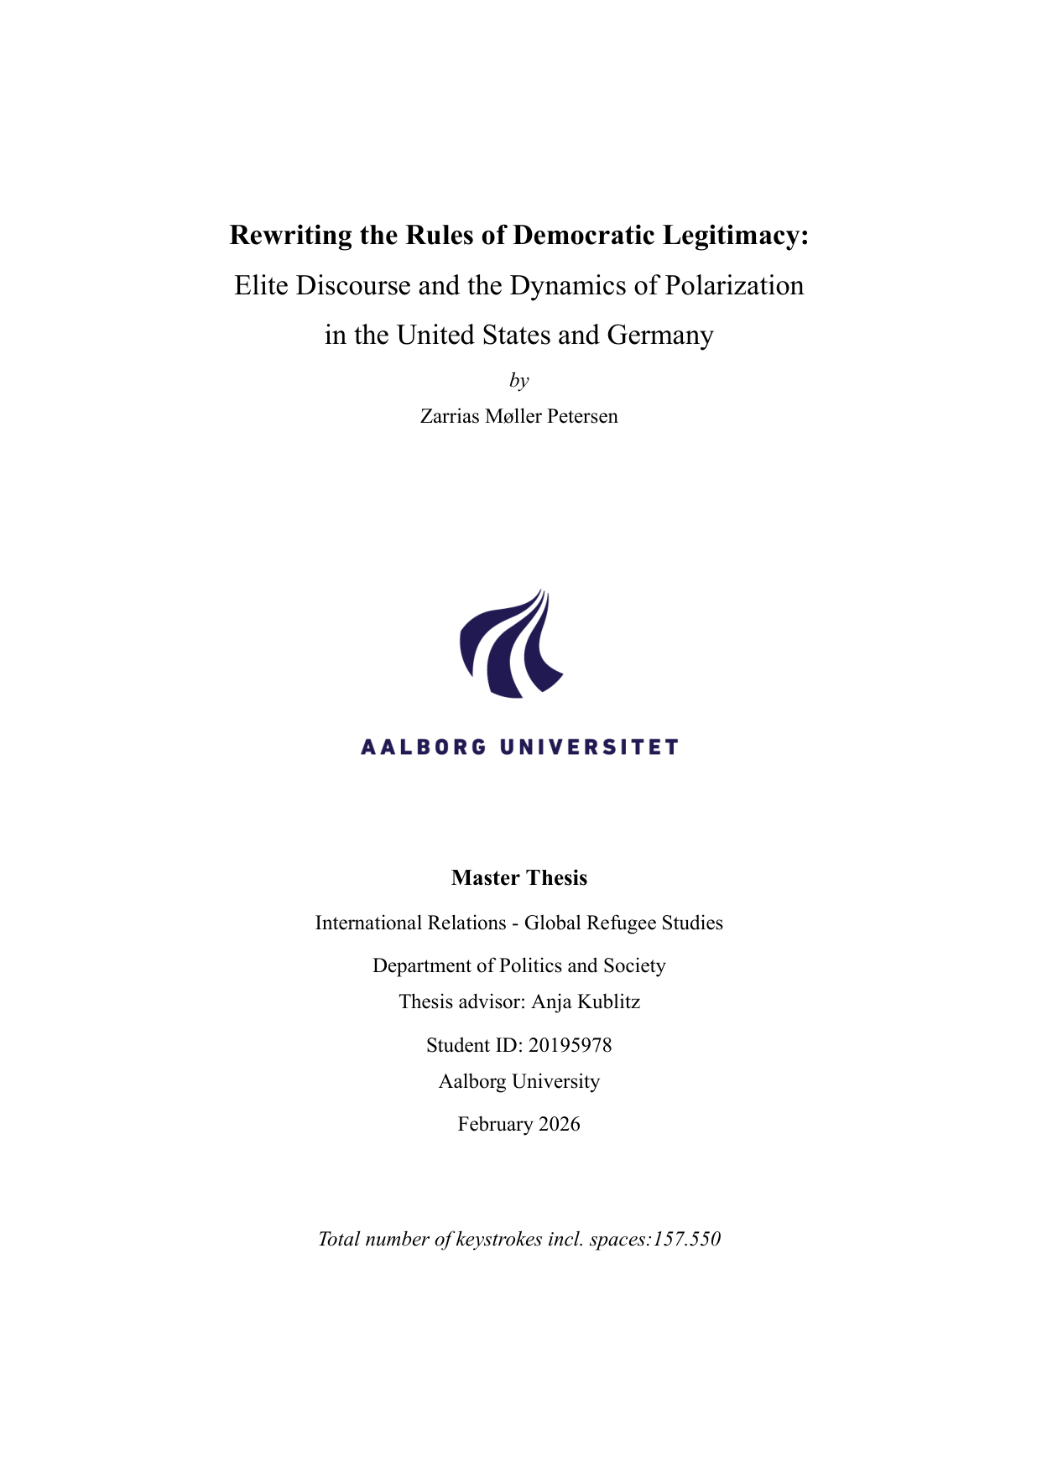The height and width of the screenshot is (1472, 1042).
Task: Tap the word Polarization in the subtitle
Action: coord(734,285)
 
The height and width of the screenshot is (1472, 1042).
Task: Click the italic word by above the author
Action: coord(519,381)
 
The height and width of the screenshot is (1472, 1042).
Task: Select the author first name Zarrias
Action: coord(450,416)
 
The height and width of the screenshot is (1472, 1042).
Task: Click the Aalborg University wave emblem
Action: coord(512,643)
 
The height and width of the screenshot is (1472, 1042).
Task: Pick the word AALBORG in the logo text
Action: coord(424,746)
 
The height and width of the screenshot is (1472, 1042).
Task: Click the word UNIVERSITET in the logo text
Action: coord(589,746)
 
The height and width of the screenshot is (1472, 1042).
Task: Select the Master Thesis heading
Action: coord(519,878)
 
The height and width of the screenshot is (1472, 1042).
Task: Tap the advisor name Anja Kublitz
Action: coord(586,1001)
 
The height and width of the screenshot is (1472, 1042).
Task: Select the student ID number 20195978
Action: coord(570,1045)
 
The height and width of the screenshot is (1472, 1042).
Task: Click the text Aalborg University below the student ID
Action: coord(519,1081)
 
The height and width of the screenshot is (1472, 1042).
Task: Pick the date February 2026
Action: coord(519,1124)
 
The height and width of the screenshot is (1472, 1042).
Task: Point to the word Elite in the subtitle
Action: coord(262,285)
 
